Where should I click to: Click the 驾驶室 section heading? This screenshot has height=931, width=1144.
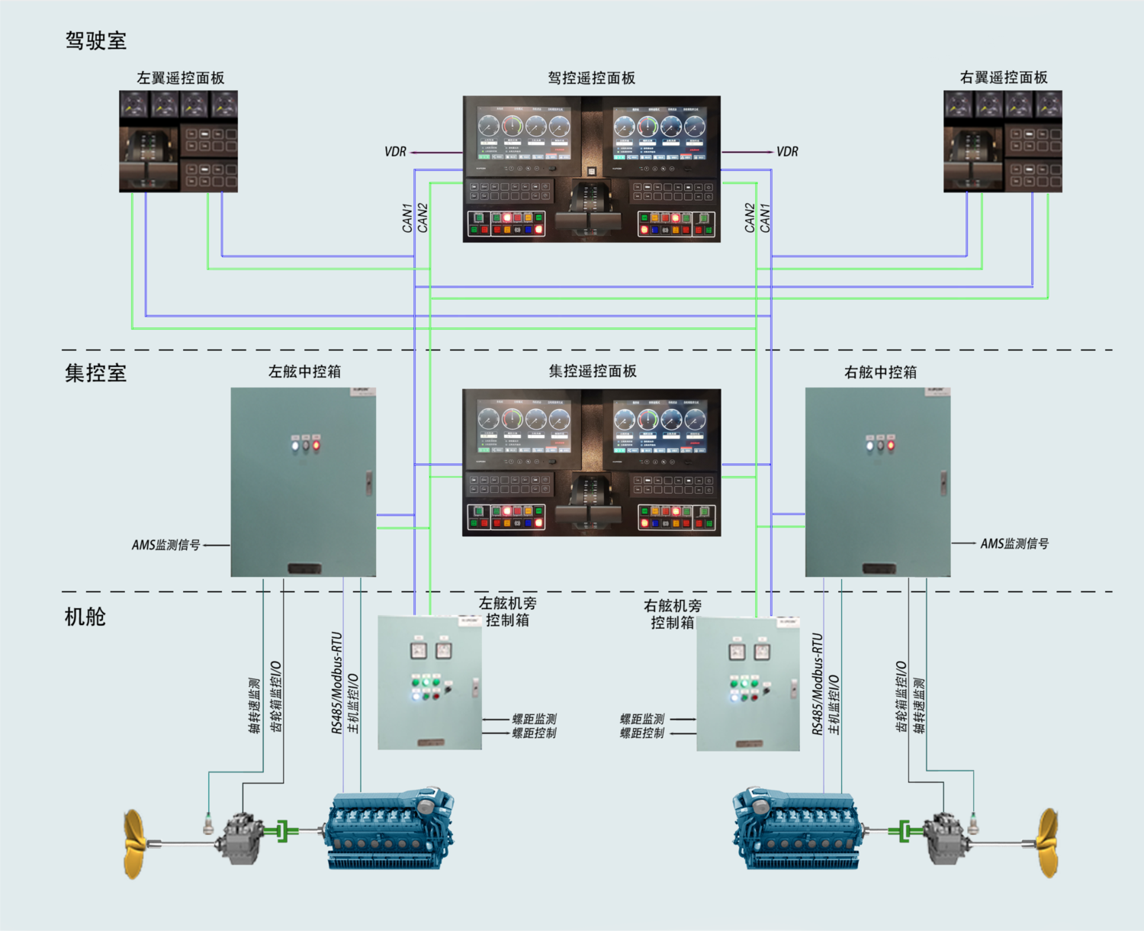pos(95,40)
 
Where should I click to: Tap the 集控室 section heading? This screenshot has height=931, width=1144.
pos(95,372)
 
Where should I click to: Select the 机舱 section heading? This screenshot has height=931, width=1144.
pos(85,617)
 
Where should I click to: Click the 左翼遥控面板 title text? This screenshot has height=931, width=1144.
pos(180,78)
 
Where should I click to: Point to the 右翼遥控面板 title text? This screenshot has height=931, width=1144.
pos(1003,78)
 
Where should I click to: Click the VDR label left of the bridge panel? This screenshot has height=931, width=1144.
pos(395,152)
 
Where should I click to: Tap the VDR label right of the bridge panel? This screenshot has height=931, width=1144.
pos(787,152)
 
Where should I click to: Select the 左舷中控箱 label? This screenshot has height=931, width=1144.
pos(304,372)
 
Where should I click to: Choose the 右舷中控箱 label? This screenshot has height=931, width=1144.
pos(880,372)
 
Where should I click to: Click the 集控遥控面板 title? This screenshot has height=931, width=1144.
pos(593,372)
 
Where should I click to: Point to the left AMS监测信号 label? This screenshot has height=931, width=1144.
pos(165,545)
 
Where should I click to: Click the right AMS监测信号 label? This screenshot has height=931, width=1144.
pos(1014,543)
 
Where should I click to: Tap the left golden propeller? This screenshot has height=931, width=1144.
pos(135,843)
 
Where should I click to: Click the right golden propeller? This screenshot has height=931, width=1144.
pos(1047,842)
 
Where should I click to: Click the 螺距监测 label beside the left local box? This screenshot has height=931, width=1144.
pos(534,719)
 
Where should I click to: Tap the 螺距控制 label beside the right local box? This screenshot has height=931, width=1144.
pos(641,733)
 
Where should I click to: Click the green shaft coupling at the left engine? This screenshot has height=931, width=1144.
pos(284,831)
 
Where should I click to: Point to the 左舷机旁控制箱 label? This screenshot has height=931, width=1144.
pos(507,611)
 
